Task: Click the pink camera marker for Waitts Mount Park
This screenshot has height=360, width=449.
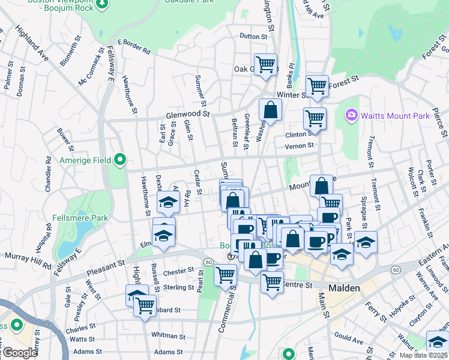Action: pyautogui.click(x=351, y=115)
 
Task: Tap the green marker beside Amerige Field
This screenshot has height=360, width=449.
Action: pyautogui.click(x=120, y=160)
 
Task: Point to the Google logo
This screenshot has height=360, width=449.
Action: pyautogui.click(x=19, y=353)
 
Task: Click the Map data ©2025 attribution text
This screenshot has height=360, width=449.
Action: pyautogui.click(x=423, y=355)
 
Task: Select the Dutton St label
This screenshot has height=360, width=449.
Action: pyautogui.click(x=253, y=37)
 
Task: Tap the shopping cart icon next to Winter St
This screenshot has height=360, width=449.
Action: pyautogui.click(x=316, y=86)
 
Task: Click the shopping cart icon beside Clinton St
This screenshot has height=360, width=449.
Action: pyautogui.click(x=315, y=118)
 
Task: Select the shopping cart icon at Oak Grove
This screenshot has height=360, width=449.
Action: pyautogui.click(x=265, y=63)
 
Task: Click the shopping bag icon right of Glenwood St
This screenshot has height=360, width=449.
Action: pyautogui.click(x=270, y=110)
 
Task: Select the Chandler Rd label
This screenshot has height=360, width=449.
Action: pyautogui.click(x=47, y=175)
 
